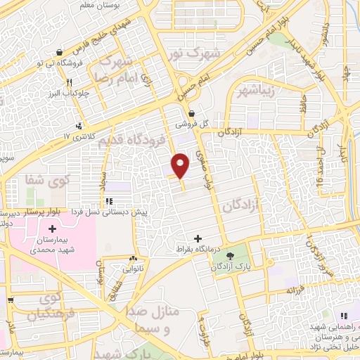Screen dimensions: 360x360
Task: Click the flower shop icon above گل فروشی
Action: pos(192,112)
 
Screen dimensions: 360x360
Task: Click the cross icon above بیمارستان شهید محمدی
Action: pos(52,229)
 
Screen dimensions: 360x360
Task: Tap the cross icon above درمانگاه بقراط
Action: pos(199,238)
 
